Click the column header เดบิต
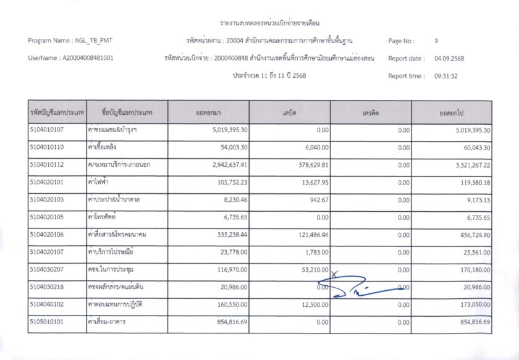click(289, 113)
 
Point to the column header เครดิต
click(371, 113)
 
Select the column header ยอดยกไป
click(452, 113)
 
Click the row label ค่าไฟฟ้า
click(103, 183)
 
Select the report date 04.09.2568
click(449, 59)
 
